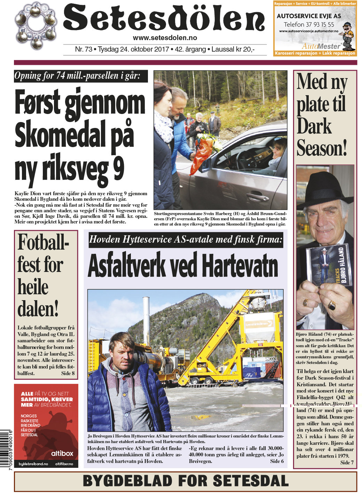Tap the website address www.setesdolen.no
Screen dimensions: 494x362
point(165,38)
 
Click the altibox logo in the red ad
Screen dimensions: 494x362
point(62,453)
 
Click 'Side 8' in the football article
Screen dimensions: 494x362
point(68,373)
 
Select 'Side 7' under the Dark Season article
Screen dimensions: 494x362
point(347,462)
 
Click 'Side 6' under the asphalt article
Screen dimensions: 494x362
point(277,461)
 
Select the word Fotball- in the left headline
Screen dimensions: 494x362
point(44,243)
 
